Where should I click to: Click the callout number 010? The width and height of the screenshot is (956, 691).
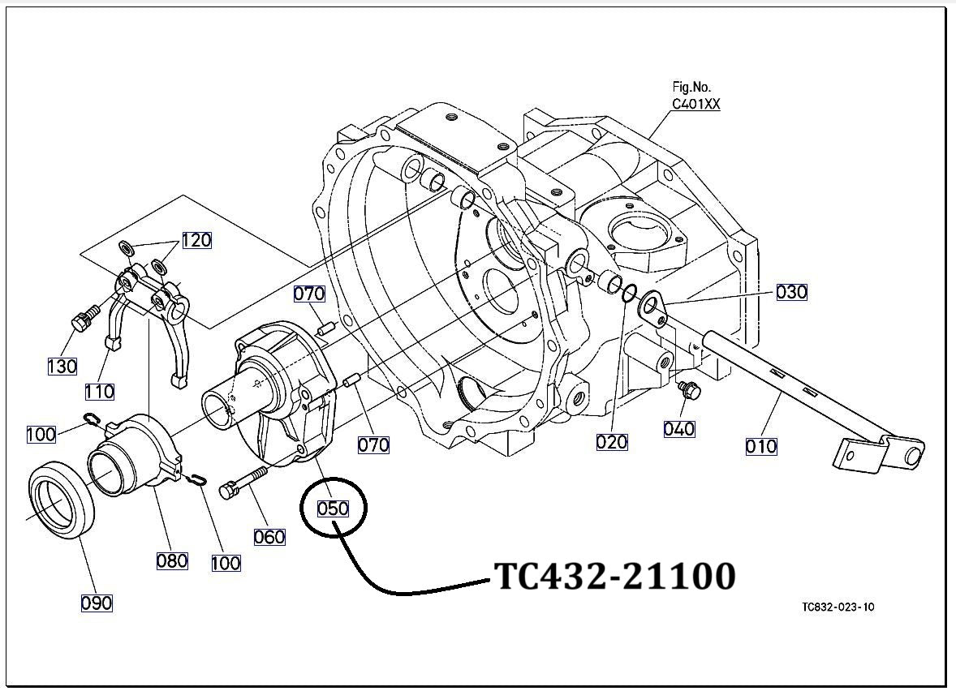(761, 445)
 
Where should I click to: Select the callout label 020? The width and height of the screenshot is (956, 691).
(612, 441)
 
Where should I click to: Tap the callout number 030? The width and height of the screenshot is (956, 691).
(791, 292)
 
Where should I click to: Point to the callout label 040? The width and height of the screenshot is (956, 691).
(678, 428)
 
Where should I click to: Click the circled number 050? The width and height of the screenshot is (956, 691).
(333, 509)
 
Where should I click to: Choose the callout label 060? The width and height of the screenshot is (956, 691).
(269, 536)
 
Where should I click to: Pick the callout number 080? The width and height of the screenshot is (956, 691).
(172, 560)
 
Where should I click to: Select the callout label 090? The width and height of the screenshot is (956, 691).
(97, 603)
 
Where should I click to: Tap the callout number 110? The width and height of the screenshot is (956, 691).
(99, 393)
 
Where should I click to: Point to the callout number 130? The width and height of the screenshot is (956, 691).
(62, 366)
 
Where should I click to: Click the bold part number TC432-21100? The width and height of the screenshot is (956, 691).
(614, 576)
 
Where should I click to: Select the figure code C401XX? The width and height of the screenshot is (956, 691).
(695, 104)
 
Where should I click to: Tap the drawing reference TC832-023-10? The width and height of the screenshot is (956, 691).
(838, 607)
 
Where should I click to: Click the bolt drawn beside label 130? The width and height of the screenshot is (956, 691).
(83, 318)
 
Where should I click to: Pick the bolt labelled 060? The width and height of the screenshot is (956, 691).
(243, 482)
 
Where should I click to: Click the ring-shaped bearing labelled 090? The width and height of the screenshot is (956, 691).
(62, 499)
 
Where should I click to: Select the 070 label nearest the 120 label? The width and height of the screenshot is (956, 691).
(309, 294)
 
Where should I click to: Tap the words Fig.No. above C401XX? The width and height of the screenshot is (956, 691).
(691, 87)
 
